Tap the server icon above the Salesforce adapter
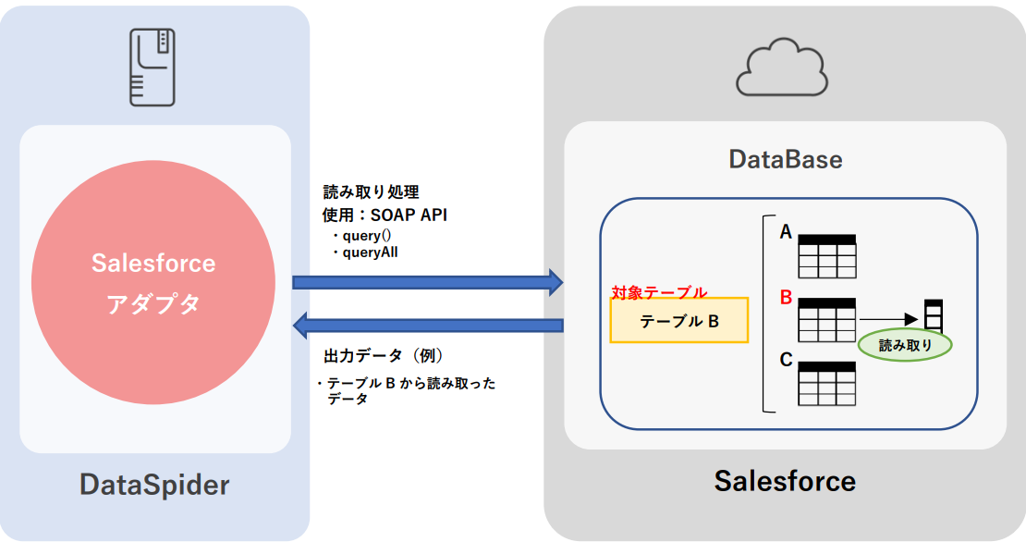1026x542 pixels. [x=153, y=67]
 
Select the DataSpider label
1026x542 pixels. [x=154, y=484]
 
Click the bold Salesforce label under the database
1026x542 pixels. [x=785, y=481]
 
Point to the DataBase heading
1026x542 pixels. [x=786, y=159]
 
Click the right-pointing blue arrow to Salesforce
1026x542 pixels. [x=428, y=281]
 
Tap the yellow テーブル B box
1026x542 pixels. [x=679, y=320]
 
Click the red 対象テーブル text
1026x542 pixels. [x=659, y=292]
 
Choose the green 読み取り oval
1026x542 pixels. [x=905, y=345]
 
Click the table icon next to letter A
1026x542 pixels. [x=827, y=256]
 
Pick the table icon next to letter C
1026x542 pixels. [x=827, y=384]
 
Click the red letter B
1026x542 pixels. [x=787, y=298]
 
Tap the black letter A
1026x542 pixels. [x=786, y=233]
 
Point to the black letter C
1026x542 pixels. [x=787, y=360]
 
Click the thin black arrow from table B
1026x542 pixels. [x=892, y=320]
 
